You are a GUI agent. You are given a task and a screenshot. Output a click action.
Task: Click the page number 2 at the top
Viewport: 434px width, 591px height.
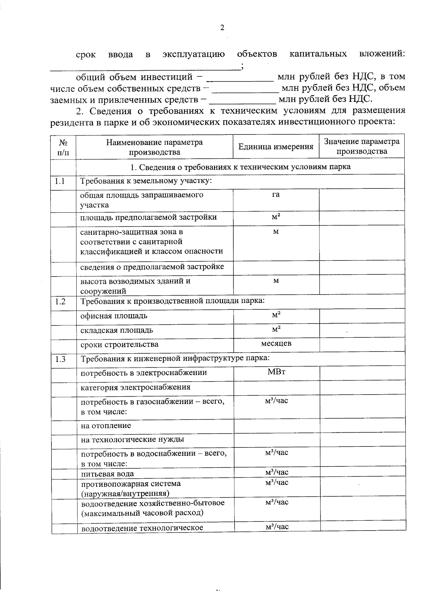click(222, 28)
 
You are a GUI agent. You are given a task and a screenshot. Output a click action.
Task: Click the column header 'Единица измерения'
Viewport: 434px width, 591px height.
click(276, 147)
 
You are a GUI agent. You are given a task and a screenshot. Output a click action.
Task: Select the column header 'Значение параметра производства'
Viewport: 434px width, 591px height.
click(361, 146)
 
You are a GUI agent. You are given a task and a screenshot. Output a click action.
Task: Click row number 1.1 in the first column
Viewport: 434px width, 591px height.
click(60, 181)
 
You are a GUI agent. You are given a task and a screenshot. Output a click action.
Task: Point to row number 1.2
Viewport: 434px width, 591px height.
click(60, 301)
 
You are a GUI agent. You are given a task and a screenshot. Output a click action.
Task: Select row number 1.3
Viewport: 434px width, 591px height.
click(60, 359)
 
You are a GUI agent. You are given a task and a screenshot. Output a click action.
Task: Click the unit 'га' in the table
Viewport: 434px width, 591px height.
click(276, 195)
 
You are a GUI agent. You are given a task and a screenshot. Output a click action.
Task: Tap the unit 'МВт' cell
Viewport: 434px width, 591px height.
click(276, 372)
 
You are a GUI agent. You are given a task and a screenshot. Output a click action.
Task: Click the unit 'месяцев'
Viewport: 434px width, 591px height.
click(276, 343)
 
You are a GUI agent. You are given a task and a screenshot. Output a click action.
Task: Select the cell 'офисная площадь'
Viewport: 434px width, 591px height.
click(114, 316)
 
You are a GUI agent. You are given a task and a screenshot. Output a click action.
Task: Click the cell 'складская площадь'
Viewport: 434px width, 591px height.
click(116, 330)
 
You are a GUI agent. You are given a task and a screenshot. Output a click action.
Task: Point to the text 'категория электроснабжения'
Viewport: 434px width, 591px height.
click(135, 387)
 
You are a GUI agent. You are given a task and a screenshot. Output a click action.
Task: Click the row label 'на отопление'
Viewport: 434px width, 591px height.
click(106, 426)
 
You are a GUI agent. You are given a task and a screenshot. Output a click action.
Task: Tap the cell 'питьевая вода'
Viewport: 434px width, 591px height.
click(107, 474)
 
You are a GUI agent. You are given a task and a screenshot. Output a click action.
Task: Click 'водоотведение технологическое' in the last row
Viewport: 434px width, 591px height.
click(142, 528)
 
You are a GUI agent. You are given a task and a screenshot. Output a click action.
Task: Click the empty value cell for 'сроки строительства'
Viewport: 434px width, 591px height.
click(362, 345)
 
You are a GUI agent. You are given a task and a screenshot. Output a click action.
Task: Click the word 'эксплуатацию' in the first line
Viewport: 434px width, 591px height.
click(193, 54)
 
